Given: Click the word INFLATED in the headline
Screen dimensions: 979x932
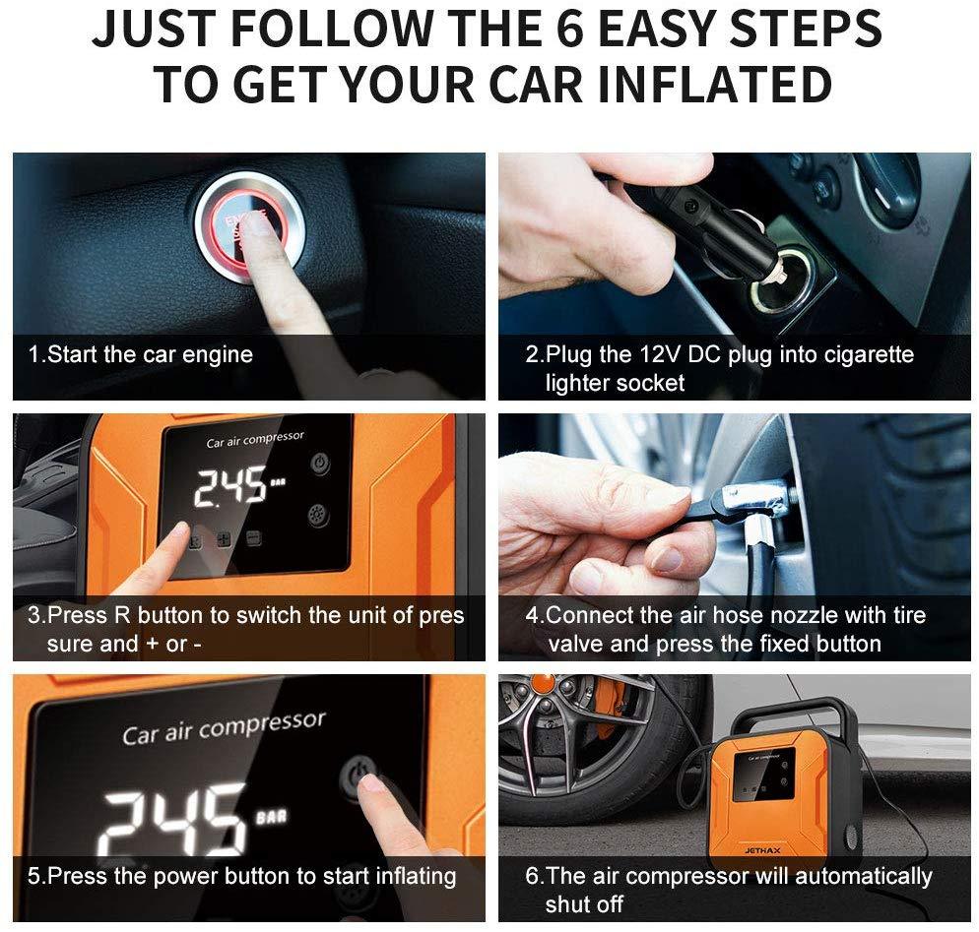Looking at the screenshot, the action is click(714, 85).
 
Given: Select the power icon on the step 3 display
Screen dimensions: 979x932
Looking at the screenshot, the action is click(320, 464).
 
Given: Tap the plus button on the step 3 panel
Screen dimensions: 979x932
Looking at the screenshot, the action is click(224, 539).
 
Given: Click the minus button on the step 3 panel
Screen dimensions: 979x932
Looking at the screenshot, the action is click(253, 537).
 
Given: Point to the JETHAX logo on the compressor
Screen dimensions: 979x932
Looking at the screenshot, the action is click(762, 850).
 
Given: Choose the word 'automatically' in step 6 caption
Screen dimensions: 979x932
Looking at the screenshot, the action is click(864, 877).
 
